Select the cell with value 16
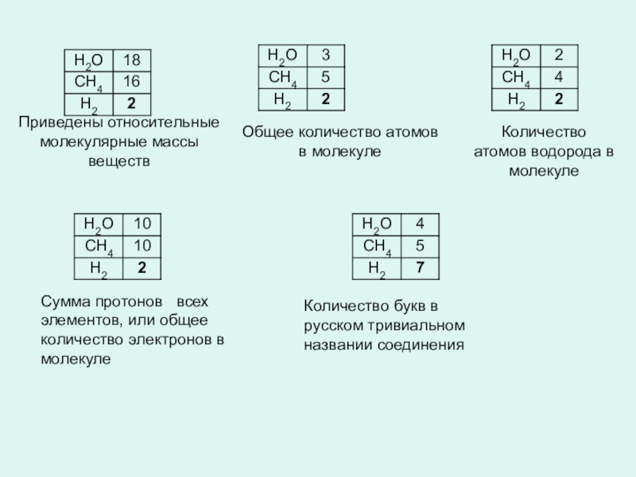click(x=131, y=82)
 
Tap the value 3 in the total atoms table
click(x=325, y=56)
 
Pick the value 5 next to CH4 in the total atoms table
click(x=325, y=77)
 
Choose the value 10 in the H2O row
click(x=142, y=225)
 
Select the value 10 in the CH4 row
click(x=142, y=246)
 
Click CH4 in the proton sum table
click(x=99, y=246)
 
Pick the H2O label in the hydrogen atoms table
click(x=515, y=56)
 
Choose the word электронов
click(x=167, y=339)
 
